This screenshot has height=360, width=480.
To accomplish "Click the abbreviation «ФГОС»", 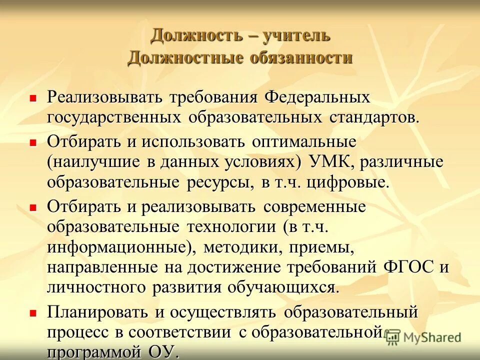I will [408, 267].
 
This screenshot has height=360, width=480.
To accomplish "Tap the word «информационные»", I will [118, 247].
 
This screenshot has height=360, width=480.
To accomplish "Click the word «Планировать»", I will [98, 312].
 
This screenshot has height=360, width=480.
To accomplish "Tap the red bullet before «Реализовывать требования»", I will [33, 98].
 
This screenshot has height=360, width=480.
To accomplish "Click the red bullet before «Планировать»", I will [33, 313].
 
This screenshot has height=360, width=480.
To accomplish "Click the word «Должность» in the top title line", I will [189, 35].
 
